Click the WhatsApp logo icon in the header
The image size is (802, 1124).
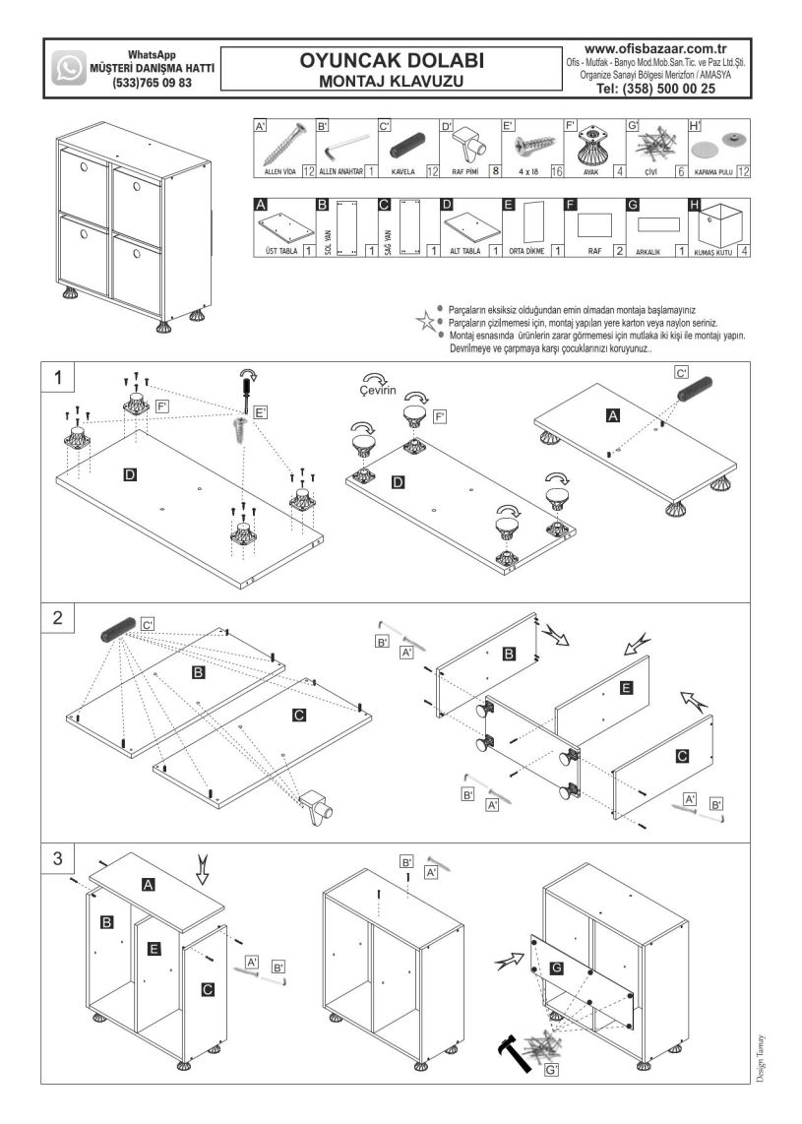coord(69,68)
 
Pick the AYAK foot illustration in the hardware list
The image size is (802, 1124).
coord(590,149)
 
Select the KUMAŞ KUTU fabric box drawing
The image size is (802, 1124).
coord(720,225)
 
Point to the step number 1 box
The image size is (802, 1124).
coord(60,378)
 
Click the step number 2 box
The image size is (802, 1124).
coord(59,619)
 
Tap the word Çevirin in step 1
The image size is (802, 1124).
coord(378,391)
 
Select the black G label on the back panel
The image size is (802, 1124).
coord(557,968)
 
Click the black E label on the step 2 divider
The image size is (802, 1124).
coord(627,689)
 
